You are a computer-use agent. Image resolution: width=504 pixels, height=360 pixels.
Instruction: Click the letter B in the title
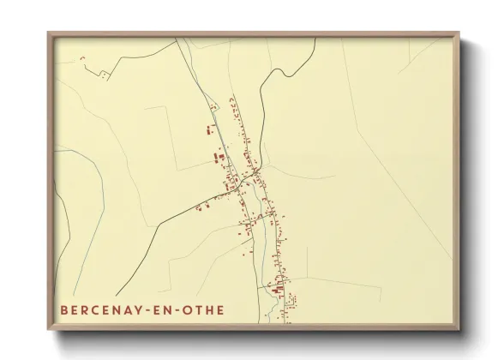65,310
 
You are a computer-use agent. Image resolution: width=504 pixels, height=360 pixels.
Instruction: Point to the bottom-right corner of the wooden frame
459,330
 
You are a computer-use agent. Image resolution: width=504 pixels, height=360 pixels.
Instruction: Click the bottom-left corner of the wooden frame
49,330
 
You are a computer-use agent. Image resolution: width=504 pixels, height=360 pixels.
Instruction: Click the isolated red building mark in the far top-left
82,57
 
